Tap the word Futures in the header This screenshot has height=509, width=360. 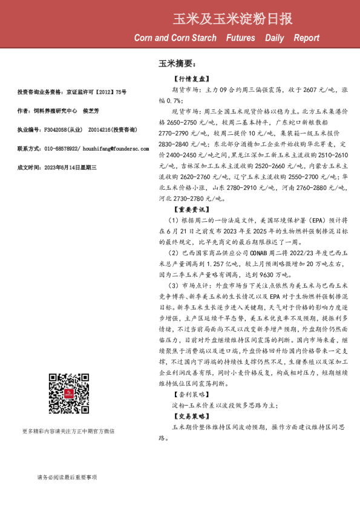(240, 38)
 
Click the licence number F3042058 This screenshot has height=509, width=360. (53, 129)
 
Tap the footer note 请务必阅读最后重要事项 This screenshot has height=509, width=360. (66, 477)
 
